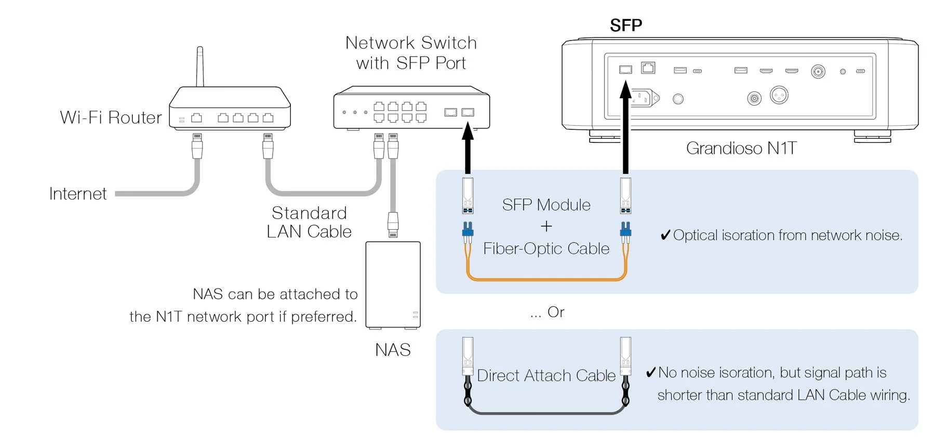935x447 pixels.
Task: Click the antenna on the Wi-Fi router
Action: (x=199, y=66)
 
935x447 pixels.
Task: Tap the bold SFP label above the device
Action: (x=625, y=25)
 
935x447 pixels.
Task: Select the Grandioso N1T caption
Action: (x=741, y=148)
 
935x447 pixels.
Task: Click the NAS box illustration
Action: (x=393, y=285)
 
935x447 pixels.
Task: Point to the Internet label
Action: (x=78, y=194)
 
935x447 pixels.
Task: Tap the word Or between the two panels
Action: (x=555, y=312)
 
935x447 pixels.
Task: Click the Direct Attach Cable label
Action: (x=546, y=375)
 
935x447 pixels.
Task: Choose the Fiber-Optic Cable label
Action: (x=546, y=248)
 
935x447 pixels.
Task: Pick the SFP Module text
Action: (x=546, y=205)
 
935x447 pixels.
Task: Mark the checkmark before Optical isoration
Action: (x=665, y=235)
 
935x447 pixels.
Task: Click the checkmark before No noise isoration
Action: (x=650, y=372)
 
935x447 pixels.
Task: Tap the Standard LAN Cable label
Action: (x=309, y=222)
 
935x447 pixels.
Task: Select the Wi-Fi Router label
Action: (x=111, y=117)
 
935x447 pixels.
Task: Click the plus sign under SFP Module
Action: (x=546, y=227)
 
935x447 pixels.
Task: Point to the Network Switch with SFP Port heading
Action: (x=411, y=52)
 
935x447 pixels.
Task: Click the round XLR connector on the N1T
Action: (x=779, y=95)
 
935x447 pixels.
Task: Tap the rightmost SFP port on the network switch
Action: (x=468, y=112)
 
